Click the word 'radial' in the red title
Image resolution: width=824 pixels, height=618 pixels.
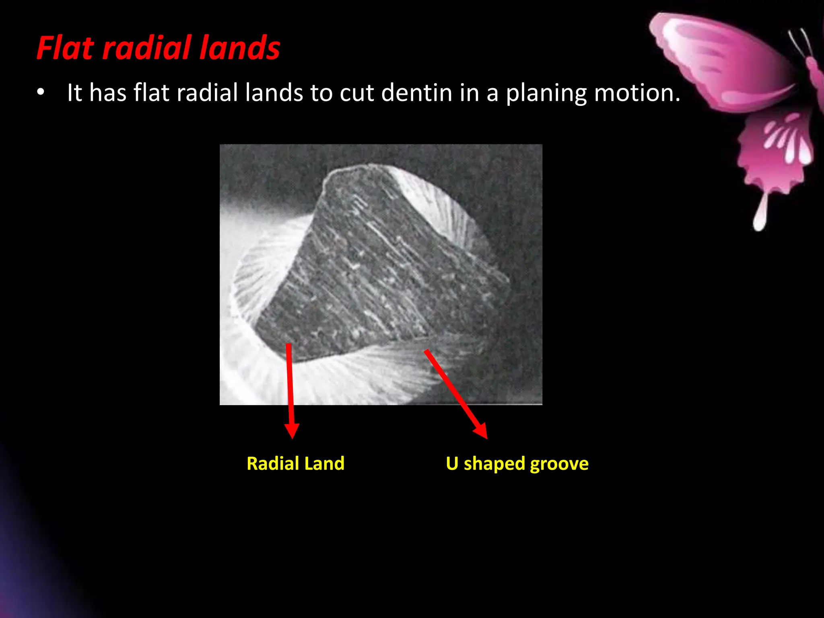pyautogui.click(x=147, y=48)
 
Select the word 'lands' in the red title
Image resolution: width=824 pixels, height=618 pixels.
pyautogui.click(x=240, y=48)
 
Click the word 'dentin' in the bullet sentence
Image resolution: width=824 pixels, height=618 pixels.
pyautogui.click(x=416, y=93)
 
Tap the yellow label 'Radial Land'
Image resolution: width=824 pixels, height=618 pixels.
pyautogui.click(x=295, y=463)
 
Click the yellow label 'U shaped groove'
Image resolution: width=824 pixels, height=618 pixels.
pyautogui.click(x=517, y=463)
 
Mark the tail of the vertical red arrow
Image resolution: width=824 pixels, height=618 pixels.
pyautogui.click(x=288, y=345)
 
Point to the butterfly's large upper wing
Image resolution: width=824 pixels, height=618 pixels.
pyautogui.click(x=720, y=60)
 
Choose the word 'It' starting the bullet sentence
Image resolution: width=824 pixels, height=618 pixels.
pyautogui.click(x=74, y=93)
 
